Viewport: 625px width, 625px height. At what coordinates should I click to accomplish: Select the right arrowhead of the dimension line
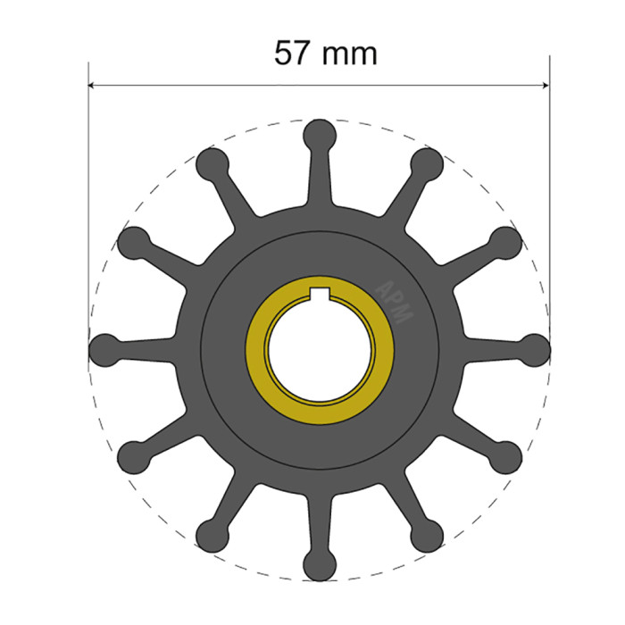coord(544,87)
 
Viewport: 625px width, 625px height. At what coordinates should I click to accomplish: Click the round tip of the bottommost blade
coord(319,565)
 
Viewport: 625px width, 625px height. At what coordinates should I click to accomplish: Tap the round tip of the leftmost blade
coord(104,349)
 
